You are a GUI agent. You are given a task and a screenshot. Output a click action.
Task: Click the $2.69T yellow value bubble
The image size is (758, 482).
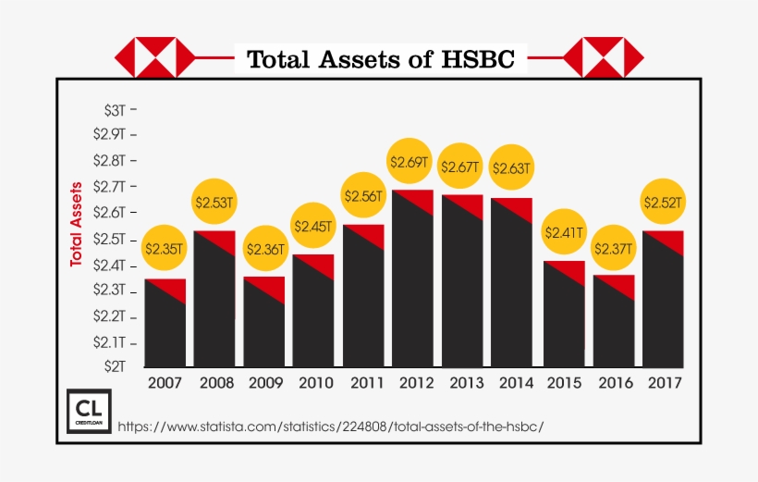tap(411, 162)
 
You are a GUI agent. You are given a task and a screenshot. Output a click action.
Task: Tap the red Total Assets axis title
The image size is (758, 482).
tap(78, 225)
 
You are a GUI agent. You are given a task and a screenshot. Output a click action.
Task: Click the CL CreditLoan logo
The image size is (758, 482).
tap(90, 410)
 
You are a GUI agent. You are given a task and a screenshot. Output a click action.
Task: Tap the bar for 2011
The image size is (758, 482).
tap(363, 301)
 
